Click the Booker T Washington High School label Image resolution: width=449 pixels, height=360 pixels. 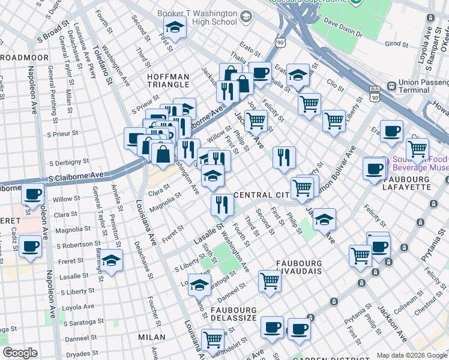click(x=197, y=17)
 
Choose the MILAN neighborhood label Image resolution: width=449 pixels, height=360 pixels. click(x=151, y=337)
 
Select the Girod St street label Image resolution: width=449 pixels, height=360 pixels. click(x=396, y=44)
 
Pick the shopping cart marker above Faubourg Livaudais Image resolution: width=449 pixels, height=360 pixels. click(x=270, y=280)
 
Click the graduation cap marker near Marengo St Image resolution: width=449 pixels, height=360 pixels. click(x=111, y=260)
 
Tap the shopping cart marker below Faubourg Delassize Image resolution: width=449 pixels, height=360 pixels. click(x=212, y=339)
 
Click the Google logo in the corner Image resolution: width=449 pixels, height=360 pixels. click(x=20, y=353)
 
